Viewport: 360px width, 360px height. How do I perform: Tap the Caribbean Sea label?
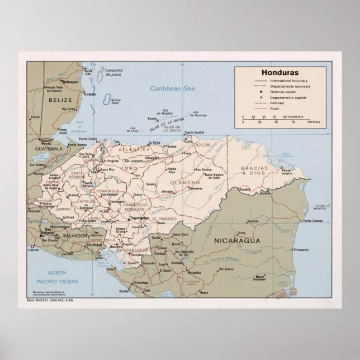coord(172,88)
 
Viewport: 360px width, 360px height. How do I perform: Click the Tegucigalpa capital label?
coord(137,218)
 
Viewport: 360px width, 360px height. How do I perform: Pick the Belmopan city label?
coord(71,82)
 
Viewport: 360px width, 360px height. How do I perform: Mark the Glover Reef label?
coord(116,102)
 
